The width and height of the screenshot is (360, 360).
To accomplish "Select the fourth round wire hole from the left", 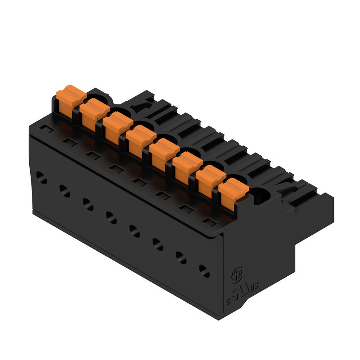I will (x=111, y=218).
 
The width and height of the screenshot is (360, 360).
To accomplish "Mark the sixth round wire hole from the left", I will (x=158, y=244).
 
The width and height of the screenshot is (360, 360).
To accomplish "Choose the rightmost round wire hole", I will (x=204, y=271).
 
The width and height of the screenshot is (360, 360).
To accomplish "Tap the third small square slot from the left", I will (x=93, y=154).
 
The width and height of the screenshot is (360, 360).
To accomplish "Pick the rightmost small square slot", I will (x=208, y=220).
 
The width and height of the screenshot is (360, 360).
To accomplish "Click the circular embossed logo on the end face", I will (x=235, y=274).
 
